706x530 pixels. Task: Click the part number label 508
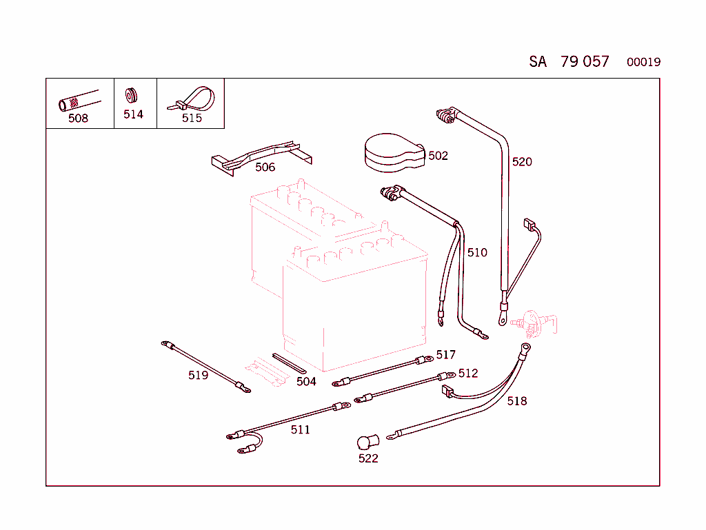point(78,118)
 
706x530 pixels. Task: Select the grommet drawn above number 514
point(131,95)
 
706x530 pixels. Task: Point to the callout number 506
point(265,167)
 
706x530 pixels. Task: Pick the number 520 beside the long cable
point(522,162)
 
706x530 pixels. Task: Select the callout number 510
point(477,252)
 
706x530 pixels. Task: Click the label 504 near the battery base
point(306,381)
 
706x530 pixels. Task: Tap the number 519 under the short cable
point(198,376)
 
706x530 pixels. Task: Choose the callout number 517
point(445,355)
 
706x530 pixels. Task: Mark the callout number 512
point(467,374)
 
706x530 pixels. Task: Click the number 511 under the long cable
point(300,430)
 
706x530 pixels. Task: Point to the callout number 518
point(516,401)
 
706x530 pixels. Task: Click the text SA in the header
point(538,62)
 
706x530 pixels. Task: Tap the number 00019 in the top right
point(643,62)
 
